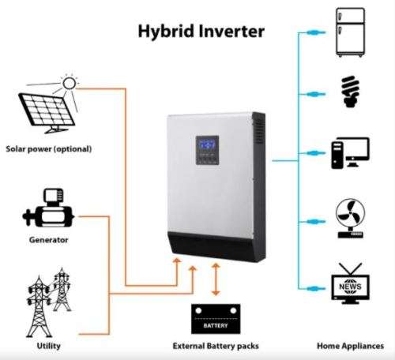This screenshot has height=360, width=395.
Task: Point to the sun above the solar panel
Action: point(68,81)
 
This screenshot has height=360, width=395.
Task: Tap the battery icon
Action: point(215,320)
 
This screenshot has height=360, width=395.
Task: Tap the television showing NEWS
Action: point(351,285)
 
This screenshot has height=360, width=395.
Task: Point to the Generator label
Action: point(49,240)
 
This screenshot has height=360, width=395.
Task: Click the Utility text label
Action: point(48,346)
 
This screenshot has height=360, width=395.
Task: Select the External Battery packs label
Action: point(216,346)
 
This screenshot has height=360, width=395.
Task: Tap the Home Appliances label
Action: point(351,346)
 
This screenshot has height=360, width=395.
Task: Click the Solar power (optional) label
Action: point(49,149)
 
